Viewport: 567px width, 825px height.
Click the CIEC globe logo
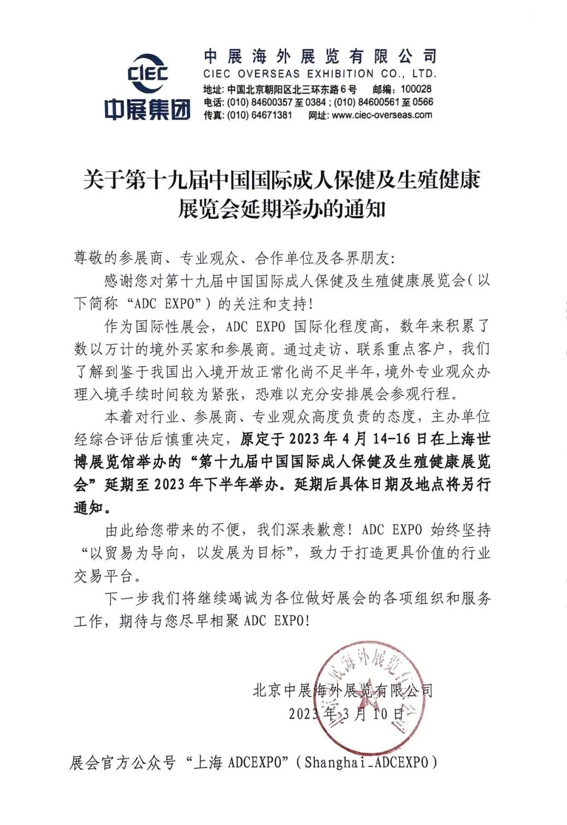(x=147, y=73)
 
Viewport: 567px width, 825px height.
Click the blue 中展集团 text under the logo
(x=147, y=110)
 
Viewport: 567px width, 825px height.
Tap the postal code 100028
(x=416, y=90)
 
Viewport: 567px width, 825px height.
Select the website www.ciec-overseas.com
(x=382, y=115)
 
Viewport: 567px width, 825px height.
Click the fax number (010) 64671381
(x=259, y=115)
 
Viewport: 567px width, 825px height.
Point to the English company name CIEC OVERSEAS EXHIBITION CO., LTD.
(x=320, y=73)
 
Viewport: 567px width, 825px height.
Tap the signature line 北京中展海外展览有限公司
(x=342, y=690)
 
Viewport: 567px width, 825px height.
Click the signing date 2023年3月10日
(x=346, y=714)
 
